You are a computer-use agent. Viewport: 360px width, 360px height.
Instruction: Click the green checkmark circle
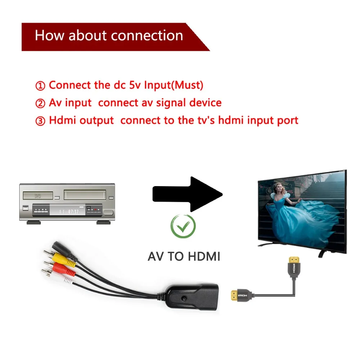pos(183,226)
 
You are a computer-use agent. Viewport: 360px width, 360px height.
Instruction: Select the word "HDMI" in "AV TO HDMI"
pos(203,256)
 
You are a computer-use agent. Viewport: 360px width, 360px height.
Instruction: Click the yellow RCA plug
pos(61,259)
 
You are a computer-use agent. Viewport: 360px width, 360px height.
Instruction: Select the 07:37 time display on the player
pos(73,211)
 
